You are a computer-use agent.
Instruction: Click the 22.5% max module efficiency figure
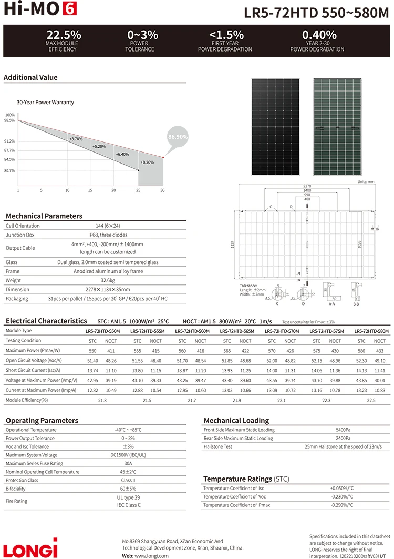tap(64, 35)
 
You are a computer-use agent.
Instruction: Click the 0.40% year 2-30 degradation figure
tap(319, 35)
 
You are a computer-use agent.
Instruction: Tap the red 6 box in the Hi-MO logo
tap(69, 8)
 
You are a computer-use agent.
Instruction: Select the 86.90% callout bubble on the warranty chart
tap(178, 136)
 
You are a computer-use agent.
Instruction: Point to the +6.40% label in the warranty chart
tap(122, 155)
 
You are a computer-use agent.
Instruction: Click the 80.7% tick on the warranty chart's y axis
tap(9, 171)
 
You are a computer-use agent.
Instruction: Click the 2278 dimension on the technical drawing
tap(307, 186)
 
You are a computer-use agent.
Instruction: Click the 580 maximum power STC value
tap(361, 350)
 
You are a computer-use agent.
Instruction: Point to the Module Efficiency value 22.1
tap(282, 401)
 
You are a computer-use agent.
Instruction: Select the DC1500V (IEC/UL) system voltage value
tap(128, 455)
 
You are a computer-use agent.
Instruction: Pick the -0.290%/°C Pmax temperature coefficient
tap(342, 505)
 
